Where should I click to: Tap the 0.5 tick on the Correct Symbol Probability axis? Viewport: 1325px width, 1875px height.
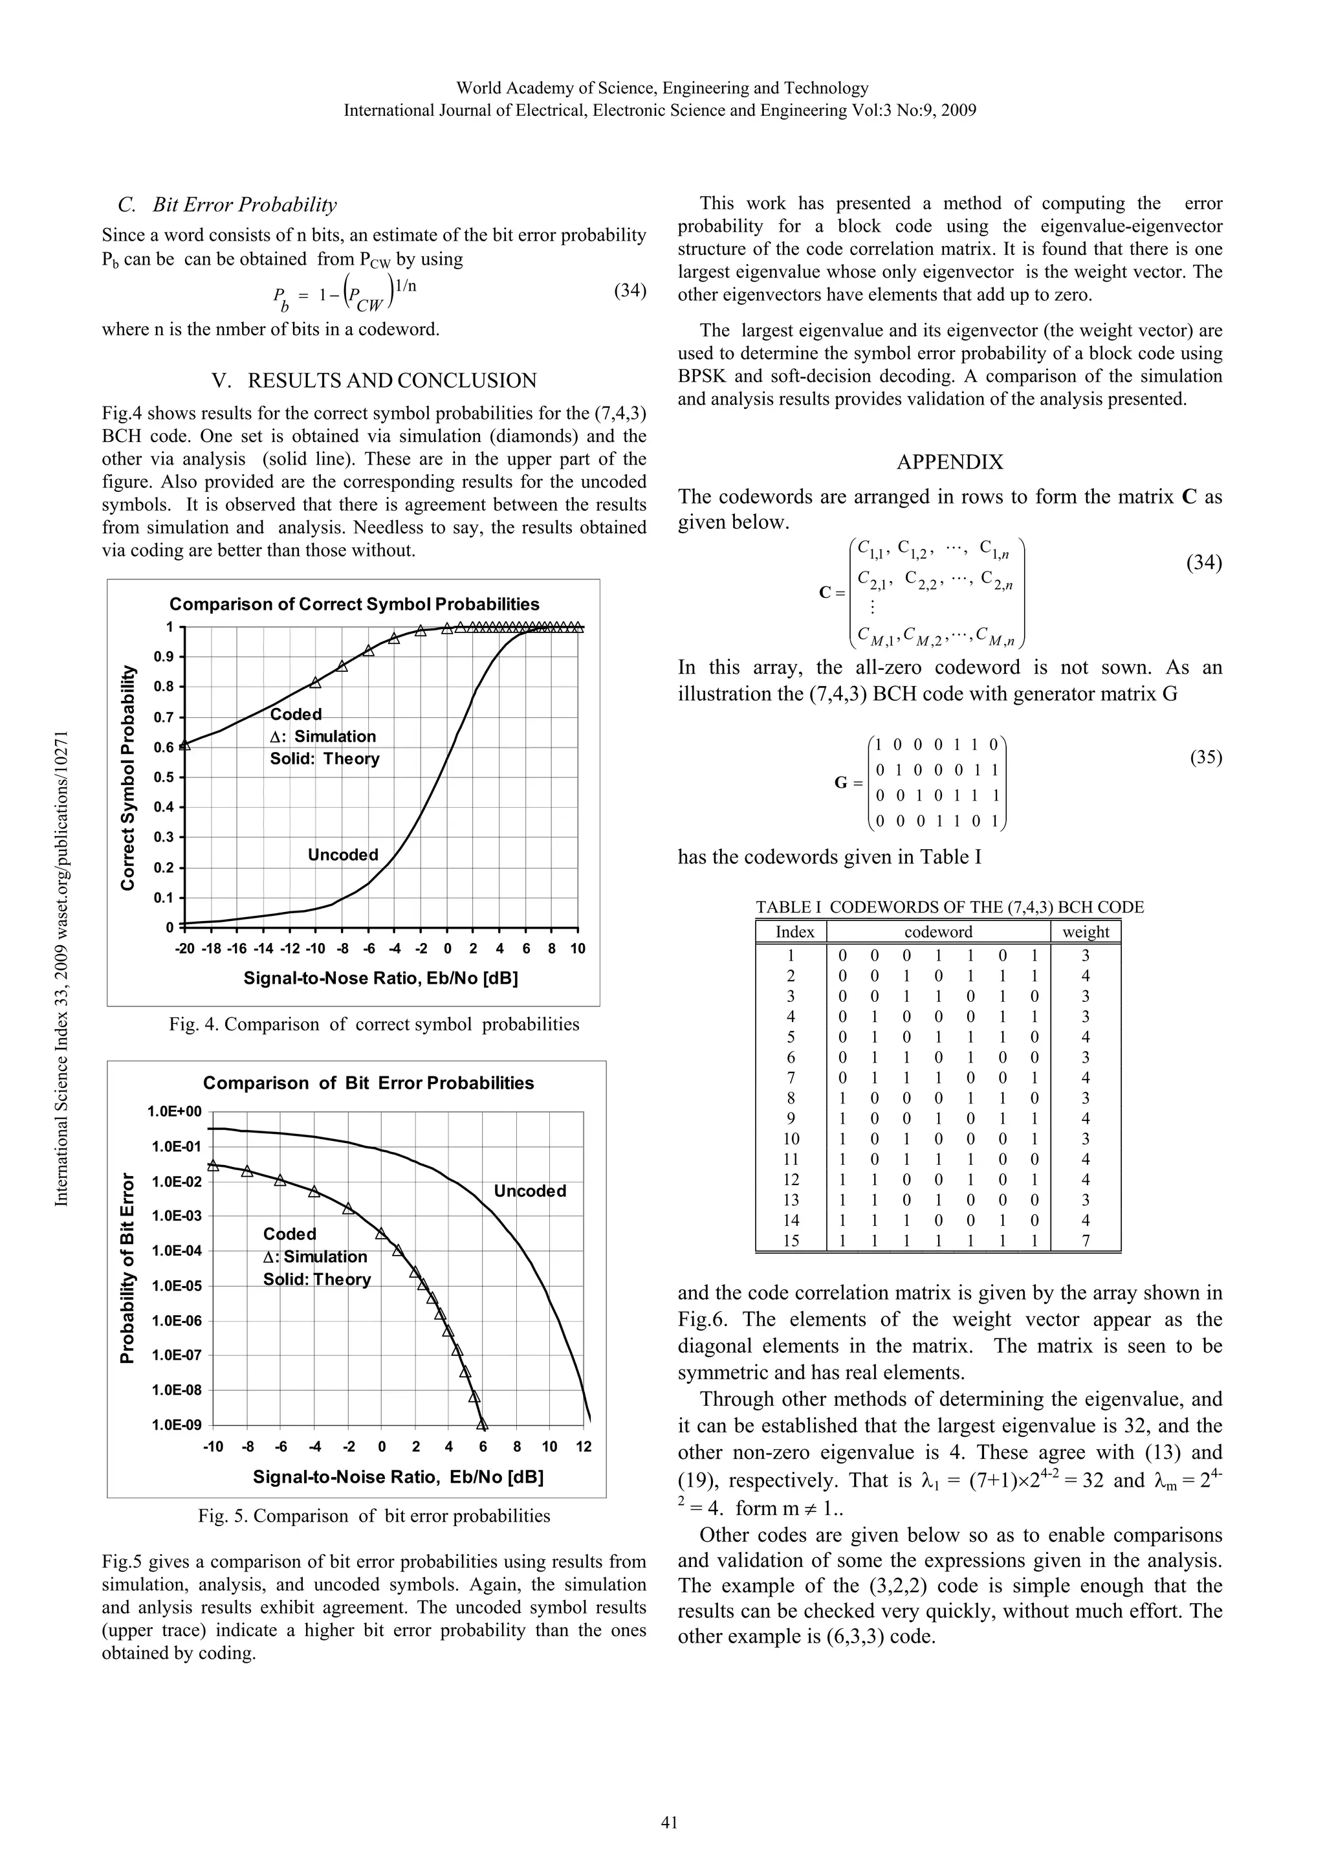[166, 777]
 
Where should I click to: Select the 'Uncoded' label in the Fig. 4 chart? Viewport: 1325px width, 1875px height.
[343, 855]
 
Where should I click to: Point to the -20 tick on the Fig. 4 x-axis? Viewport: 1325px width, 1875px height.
[186, 949]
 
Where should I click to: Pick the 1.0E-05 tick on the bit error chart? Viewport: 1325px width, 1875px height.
[174, 1285]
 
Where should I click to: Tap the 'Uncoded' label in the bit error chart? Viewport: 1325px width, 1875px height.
[530, 1191]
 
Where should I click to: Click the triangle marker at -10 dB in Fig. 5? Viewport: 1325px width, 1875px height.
[213, 1166]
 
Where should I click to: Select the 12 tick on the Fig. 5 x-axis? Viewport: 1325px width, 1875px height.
[583, 1447]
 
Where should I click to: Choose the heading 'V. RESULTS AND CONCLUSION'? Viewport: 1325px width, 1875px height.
[374, 381]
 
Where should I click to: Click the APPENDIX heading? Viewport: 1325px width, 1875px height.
[950, 462]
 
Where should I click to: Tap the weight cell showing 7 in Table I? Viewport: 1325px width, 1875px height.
[1085, 1241]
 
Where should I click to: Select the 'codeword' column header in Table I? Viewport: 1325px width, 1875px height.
[938, 932]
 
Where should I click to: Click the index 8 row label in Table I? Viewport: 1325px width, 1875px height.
[790, 1098]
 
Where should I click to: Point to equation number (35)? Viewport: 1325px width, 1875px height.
[1205, 757]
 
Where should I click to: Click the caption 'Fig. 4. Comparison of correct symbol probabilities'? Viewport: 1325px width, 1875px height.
[374, 1024]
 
